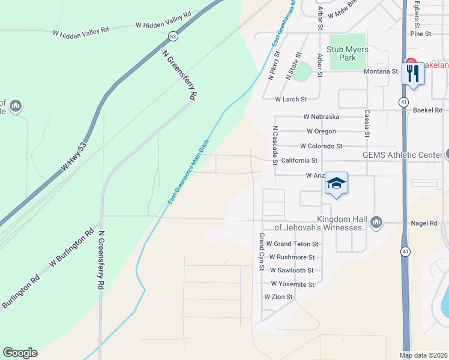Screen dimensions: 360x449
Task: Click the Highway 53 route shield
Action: click(x=173, y=37)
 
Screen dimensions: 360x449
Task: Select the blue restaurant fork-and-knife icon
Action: click(x=412, y=74)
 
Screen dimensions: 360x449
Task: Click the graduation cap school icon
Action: click(x=337, y=183)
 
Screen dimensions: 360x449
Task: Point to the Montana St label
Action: click(x=381, y=71)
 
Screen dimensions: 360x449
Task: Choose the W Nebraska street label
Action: click(x=321, y=116)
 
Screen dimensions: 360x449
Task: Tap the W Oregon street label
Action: click(x=321, y=131)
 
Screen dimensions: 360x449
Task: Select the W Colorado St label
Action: click(x=321, y=146)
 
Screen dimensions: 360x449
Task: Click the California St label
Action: click(x=299, y=160)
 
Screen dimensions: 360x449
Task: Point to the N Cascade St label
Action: click(x=275, y=145)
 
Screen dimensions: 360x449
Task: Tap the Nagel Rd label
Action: click(x=424, y=223)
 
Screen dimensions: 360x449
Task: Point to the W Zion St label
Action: click(x=278, y=297)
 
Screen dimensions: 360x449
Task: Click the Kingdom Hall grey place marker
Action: click(x=376, y=223)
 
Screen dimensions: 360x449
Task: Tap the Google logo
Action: click(x=20, y=353)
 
